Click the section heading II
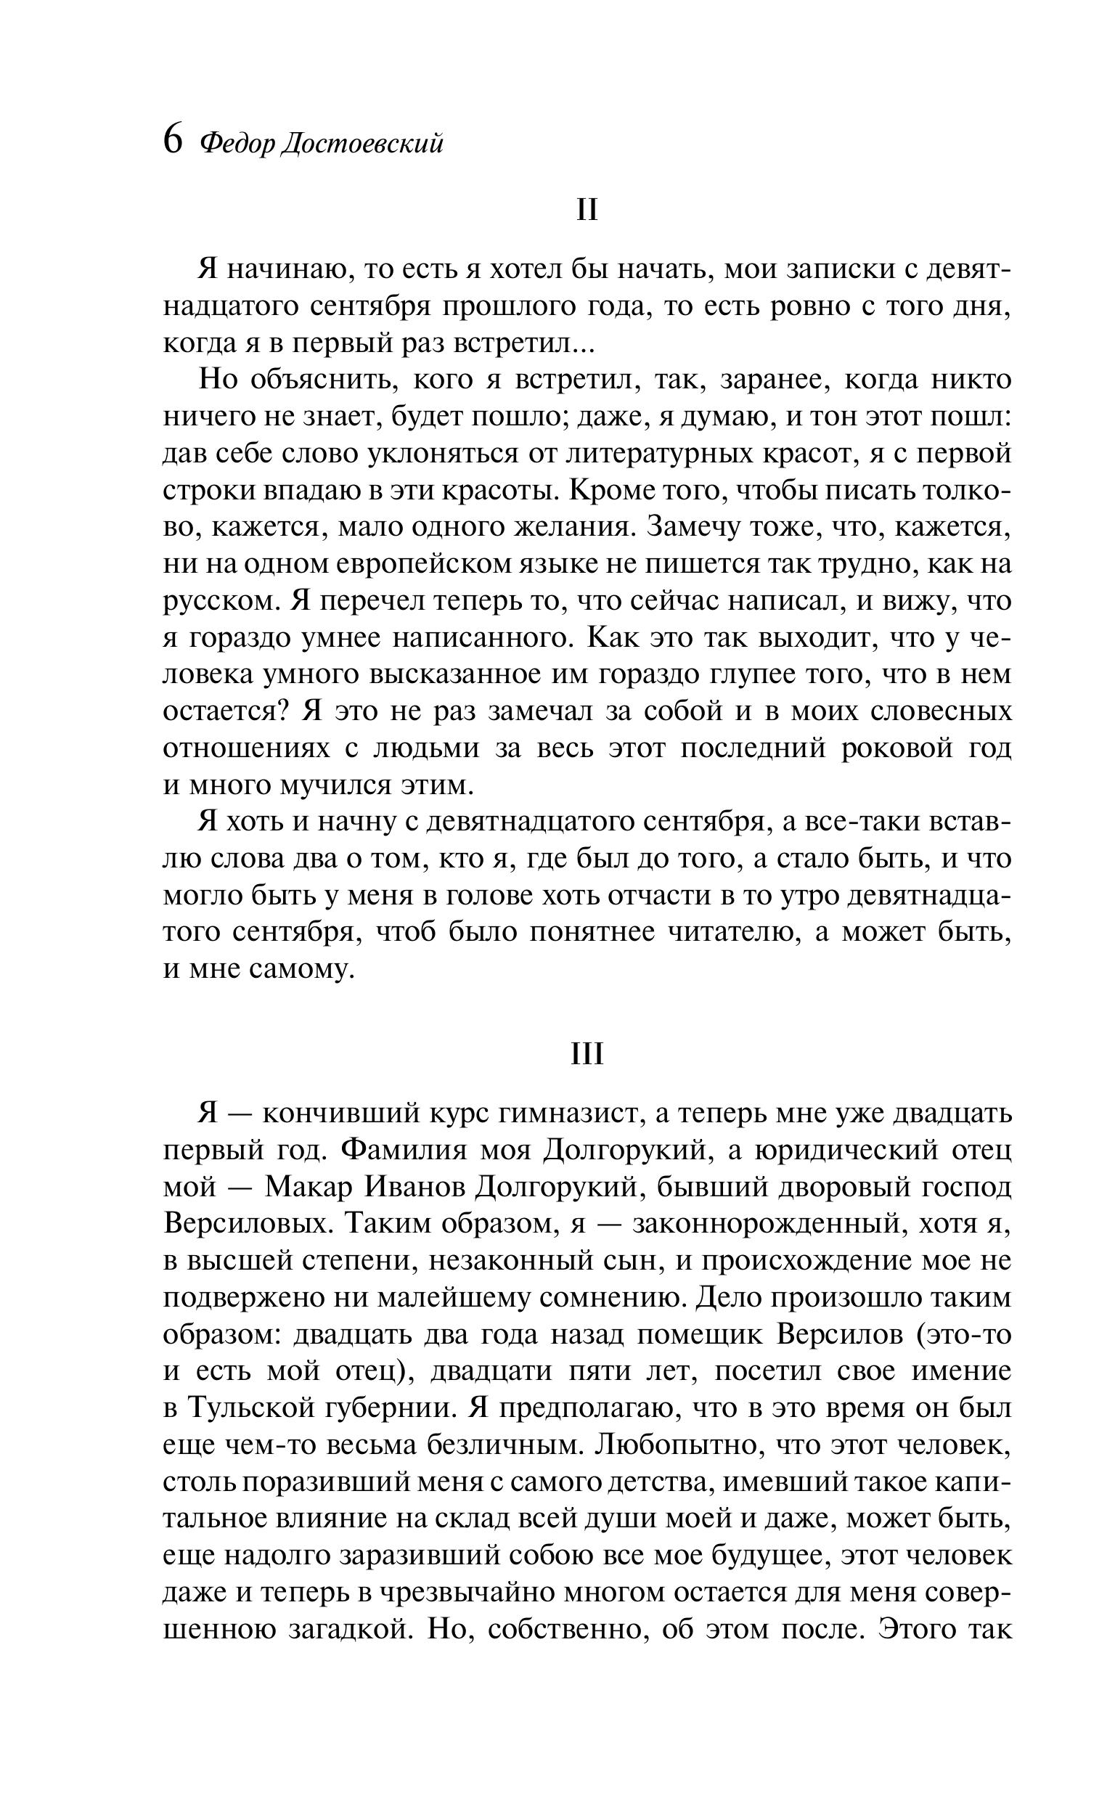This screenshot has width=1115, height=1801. [587, 210]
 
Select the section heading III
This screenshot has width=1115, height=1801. [587, 1054]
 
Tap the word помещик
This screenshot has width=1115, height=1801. [690, 1334]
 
